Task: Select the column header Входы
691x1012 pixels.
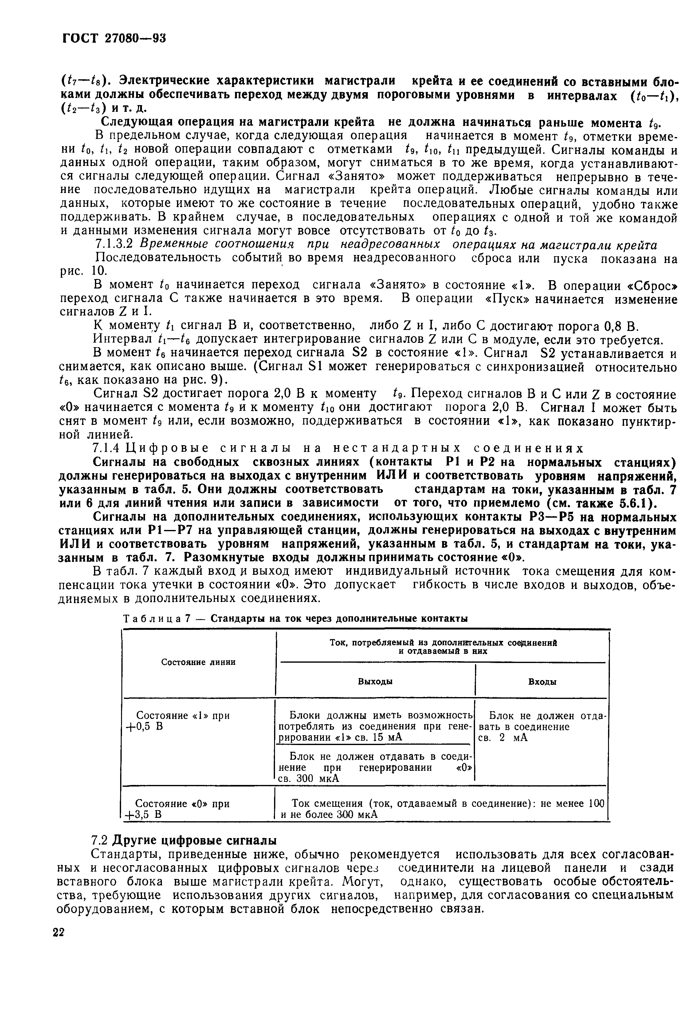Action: coord(542,682)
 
